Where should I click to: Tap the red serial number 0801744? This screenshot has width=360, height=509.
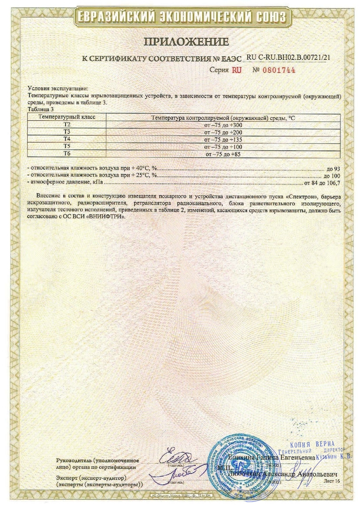pyautogui.click(x=278, y=70)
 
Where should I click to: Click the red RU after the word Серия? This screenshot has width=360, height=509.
pyautogui.click(x=237, y=70)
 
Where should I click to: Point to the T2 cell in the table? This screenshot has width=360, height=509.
pyautogui.click(x=67, y=125)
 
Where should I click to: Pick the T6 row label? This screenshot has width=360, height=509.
pyautogui.click(x=67, y=154)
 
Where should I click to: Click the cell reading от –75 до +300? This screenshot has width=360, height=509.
pyautogui.click(x=223, y=125)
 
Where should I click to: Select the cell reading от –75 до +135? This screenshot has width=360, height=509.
pyautogui.click(x=223, y=139)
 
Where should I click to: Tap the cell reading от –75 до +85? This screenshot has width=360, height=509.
pyautogui.click(x=223, y=154)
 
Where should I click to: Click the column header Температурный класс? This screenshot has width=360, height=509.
pyautogui.click(x=67, y=117)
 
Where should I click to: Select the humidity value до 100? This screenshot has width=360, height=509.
pyautogui.click(x=331, y=175)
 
